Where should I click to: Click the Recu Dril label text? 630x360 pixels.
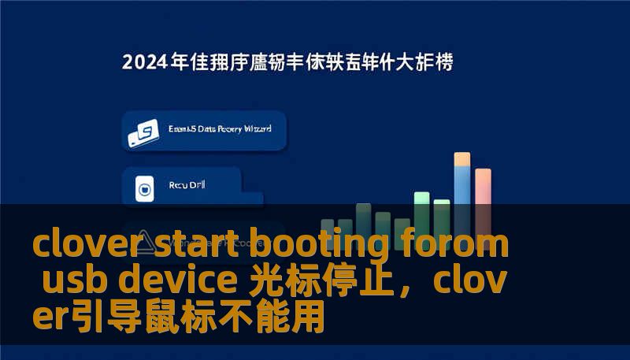click(187, 186)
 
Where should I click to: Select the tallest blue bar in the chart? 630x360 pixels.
click(462, 197)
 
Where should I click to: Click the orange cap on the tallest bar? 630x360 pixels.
click(462, 159)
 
